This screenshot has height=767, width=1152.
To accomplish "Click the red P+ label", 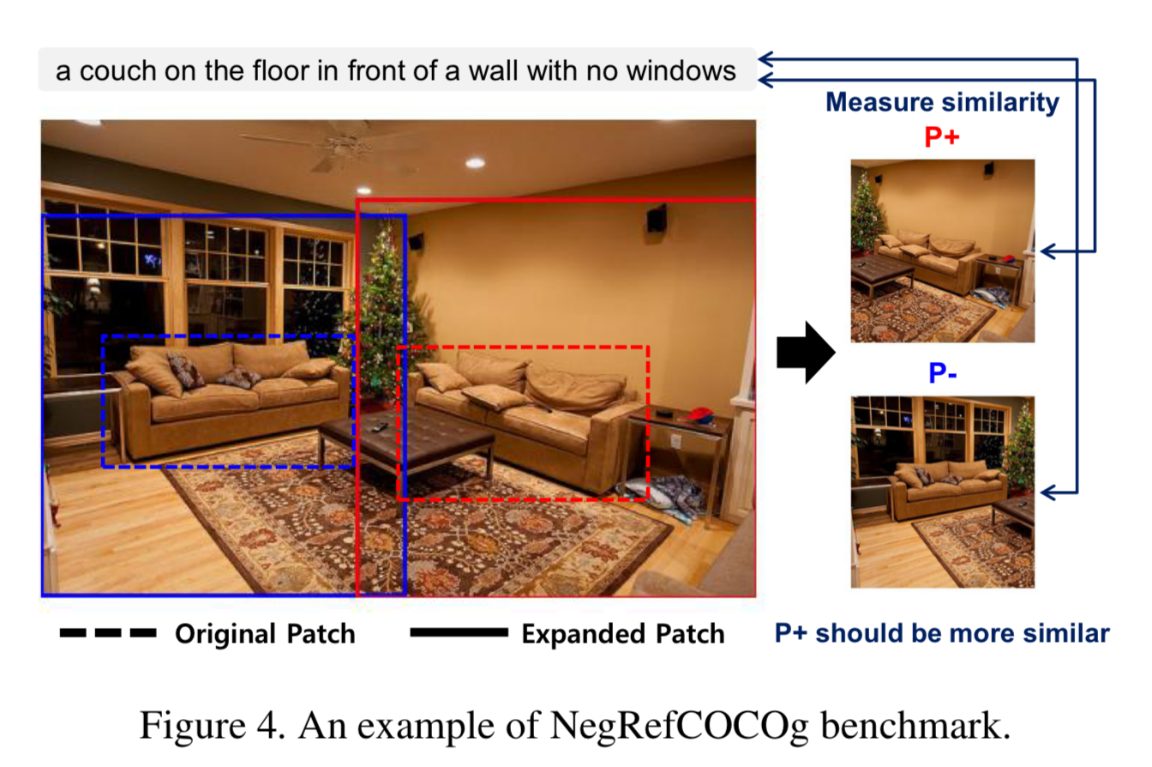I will [942, 137].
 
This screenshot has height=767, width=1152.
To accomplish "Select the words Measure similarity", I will [942, 103].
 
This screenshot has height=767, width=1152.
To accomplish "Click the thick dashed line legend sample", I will [108, 634].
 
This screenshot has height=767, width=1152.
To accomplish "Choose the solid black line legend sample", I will [459, 634].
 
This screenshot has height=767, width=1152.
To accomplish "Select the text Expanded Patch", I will [622, 635].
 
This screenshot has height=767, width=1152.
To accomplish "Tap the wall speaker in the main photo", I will [657, 218].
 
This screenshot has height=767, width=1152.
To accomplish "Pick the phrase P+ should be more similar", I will [942, 634].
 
